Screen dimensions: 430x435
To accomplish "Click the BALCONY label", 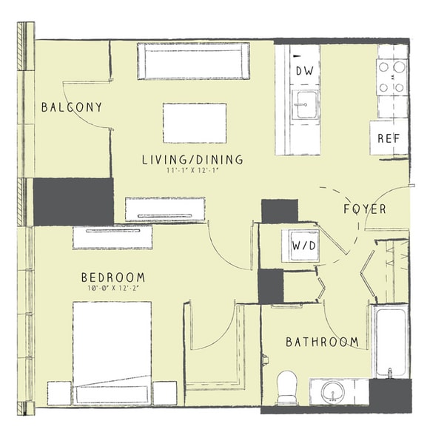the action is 72,107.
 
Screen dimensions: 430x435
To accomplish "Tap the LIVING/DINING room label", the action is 192,160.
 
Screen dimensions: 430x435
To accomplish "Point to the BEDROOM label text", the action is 113,277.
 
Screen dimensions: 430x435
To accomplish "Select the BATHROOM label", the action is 322,342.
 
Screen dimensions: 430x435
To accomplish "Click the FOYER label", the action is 365,209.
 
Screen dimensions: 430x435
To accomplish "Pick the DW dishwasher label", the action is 304,71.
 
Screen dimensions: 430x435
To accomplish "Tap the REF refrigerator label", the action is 389,138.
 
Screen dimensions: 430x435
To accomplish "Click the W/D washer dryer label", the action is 304,246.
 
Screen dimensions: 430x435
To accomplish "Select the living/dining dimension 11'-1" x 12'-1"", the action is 192,171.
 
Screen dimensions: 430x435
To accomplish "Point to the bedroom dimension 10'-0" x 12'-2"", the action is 113,289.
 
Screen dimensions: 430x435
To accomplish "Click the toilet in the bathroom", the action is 287,388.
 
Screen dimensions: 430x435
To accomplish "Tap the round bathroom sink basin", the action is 333,392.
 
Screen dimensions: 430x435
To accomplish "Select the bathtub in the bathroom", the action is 391,341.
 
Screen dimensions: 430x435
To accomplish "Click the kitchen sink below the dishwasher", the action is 305,104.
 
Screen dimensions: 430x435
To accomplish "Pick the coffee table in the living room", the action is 195,123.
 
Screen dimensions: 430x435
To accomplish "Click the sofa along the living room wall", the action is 193,61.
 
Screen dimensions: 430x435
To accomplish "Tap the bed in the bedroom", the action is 112,353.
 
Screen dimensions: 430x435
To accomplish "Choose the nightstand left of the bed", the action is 59,393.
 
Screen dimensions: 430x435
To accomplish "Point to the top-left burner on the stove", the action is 383,67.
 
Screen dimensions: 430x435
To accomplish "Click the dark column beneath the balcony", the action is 73,202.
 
